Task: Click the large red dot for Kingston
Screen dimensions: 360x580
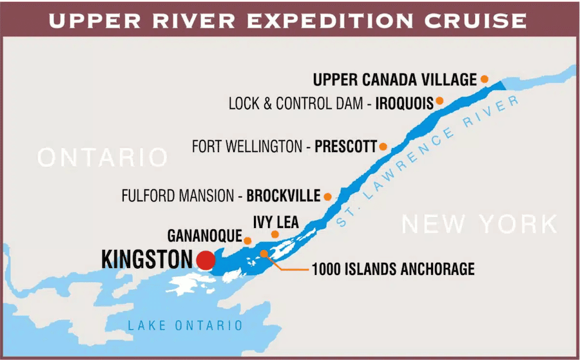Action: coord(206,260)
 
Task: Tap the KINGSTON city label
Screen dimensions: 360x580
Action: coord(147,260)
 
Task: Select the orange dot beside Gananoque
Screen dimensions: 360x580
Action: coord(247,240)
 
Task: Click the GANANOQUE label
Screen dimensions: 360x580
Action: coord(203,235)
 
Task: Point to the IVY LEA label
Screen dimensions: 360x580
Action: coord(276,222)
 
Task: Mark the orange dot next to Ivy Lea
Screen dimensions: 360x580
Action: coord(275,234)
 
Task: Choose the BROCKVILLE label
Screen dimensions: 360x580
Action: coord(284,195)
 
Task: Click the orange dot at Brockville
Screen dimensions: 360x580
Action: coord(327,196)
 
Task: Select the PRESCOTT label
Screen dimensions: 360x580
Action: coord(345,147)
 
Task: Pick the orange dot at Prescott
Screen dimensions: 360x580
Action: coord(383,147)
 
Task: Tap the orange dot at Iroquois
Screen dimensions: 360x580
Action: coord(440,100)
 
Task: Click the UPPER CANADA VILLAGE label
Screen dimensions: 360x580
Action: coord(394,80)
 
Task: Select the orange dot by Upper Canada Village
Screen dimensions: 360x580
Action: coord(484,79)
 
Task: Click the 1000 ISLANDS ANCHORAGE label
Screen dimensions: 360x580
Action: coord(393,269)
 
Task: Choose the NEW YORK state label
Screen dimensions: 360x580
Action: coord(479,224)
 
